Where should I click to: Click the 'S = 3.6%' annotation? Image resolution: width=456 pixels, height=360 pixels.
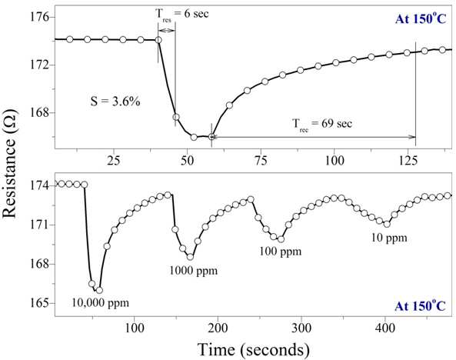pos(115,102)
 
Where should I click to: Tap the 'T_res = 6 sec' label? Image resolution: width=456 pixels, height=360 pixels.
pos(181,15)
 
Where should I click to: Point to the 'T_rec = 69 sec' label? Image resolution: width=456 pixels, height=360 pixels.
pos(322,125)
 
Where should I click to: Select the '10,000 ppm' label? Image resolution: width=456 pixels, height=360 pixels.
pos(100,303)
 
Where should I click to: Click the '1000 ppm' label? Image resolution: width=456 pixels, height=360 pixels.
pos(193,271)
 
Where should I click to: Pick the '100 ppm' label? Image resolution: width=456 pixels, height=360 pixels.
pos(281,252)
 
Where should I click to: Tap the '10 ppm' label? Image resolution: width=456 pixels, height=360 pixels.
pos(389,238)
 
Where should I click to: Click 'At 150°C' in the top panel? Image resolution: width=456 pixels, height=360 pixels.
pos(420,18)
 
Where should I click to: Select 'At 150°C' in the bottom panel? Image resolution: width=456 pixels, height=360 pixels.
pos(420,305)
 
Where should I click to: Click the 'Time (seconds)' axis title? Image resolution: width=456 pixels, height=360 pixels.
pos(253,349)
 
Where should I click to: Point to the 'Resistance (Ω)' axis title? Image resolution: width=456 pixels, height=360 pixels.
pos(8,163)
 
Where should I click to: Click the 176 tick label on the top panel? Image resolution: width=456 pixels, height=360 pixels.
pos(39,17)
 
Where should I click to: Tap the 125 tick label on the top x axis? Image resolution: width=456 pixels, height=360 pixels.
pos(408,160)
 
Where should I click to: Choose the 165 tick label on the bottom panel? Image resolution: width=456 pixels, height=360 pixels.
pos(39,303)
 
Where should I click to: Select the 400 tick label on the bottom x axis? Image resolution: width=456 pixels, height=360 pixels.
pos(385,328)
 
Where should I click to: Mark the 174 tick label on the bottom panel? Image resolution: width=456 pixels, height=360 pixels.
pos(39,185)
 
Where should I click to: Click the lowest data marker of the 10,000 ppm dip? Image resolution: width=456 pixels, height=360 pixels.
pos(99,290)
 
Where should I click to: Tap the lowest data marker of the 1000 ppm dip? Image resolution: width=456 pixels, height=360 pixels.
pos(190,257)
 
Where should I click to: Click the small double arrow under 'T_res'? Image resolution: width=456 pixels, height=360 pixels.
pos(167,31)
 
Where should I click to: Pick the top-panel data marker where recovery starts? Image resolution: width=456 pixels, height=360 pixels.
pos(211,136)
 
